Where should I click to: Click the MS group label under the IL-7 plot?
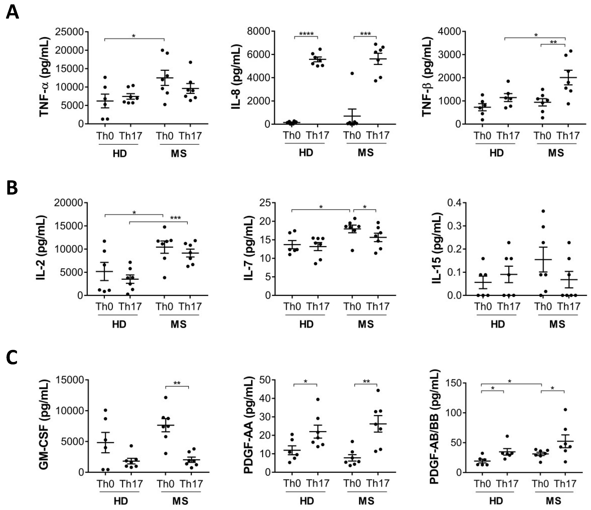(366, 324)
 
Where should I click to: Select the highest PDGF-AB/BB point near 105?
(565, 410)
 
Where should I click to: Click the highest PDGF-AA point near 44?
(378, 390)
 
